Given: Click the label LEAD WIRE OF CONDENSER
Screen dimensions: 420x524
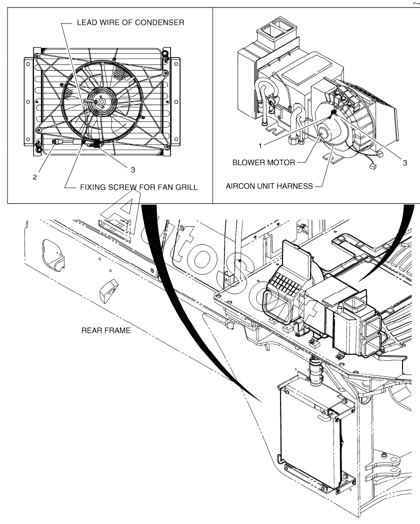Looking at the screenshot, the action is point(130,23).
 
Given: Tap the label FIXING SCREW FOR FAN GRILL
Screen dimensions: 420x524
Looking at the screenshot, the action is point(138,187).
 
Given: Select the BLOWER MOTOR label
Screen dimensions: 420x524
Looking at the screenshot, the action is point(264,163).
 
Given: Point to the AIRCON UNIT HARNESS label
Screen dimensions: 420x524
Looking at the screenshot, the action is point(269,186).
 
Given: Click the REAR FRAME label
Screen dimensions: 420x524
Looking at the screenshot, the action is point(106,330).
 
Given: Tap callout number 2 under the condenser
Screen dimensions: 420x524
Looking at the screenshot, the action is point(34,178).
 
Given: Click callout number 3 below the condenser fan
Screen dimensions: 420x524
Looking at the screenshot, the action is point(133,170).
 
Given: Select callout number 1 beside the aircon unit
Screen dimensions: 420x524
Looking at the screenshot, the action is point(260,146).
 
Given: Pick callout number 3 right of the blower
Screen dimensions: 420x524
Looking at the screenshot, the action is point(405,163).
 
